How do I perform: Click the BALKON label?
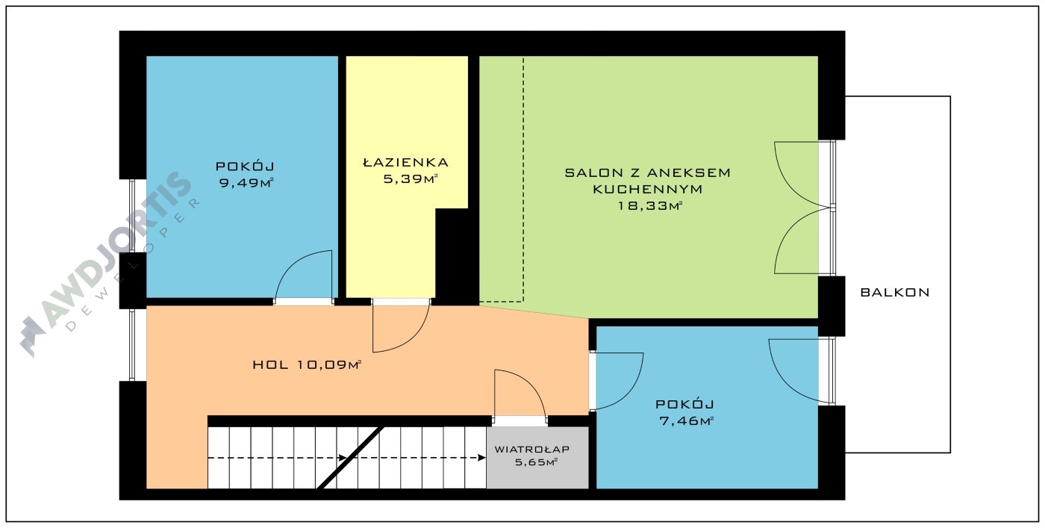[x=895, y=293]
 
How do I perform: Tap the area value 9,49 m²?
[x=246, y=182]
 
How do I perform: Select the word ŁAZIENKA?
[x=405, y=162]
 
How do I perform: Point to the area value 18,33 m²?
[x=650, y=205]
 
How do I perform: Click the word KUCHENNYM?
[x=648, y=189]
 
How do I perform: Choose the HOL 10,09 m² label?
[x=307, y=364]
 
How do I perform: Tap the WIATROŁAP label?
[x=531, y=449]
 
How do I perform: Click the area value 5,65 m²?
[x=537, y=462]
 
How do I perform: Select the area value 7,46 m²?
[x=686, y=421]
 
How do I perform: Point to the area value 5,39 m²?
[x=411, y=178]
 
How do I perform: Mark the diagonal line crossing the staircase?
[x=351, y=458]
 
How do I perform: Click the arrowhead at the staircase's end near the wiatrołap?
[x=483, y=458]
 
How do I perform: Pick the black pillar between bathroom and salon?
[x=457, y=256]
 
